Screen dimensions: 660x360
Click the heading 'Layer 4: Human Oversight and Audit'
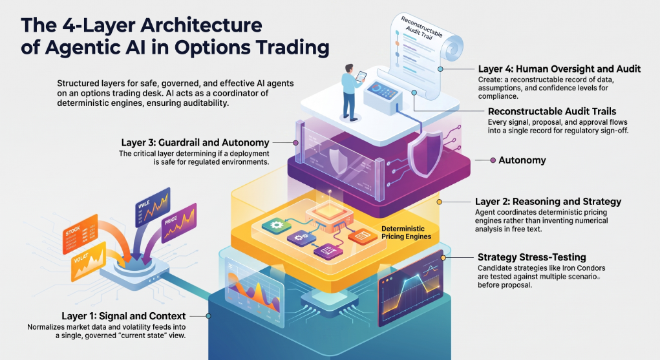click(559, 69)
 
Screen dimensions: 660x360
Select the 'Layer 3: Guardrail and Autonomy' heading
click(195, 143)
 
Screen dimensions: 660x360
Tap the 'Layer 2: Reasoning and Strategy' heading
click(548, 202)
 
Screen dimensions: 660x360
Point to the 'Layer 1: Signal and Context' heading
click(123, 316)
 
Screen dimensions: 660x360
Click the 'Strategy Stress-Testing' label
click(531, 257)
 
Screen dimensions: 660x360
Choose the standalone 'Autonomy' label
click(522, 160)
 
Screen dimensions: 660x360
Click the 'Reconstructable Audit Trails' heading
click(552, 112)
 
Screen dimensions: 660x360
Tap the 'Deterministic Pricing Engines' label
click(406, 233)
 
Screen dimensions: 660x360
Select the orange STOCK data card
click(80, 234)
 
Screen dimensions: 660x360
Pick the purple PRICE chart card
click(179, 222)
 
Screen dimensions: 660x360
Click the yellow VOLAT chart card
click(89, 261)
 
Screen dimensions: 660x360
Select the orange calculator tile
click(363, 237)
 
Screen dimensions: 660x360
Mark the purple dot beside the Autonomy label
click(493, 160)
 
